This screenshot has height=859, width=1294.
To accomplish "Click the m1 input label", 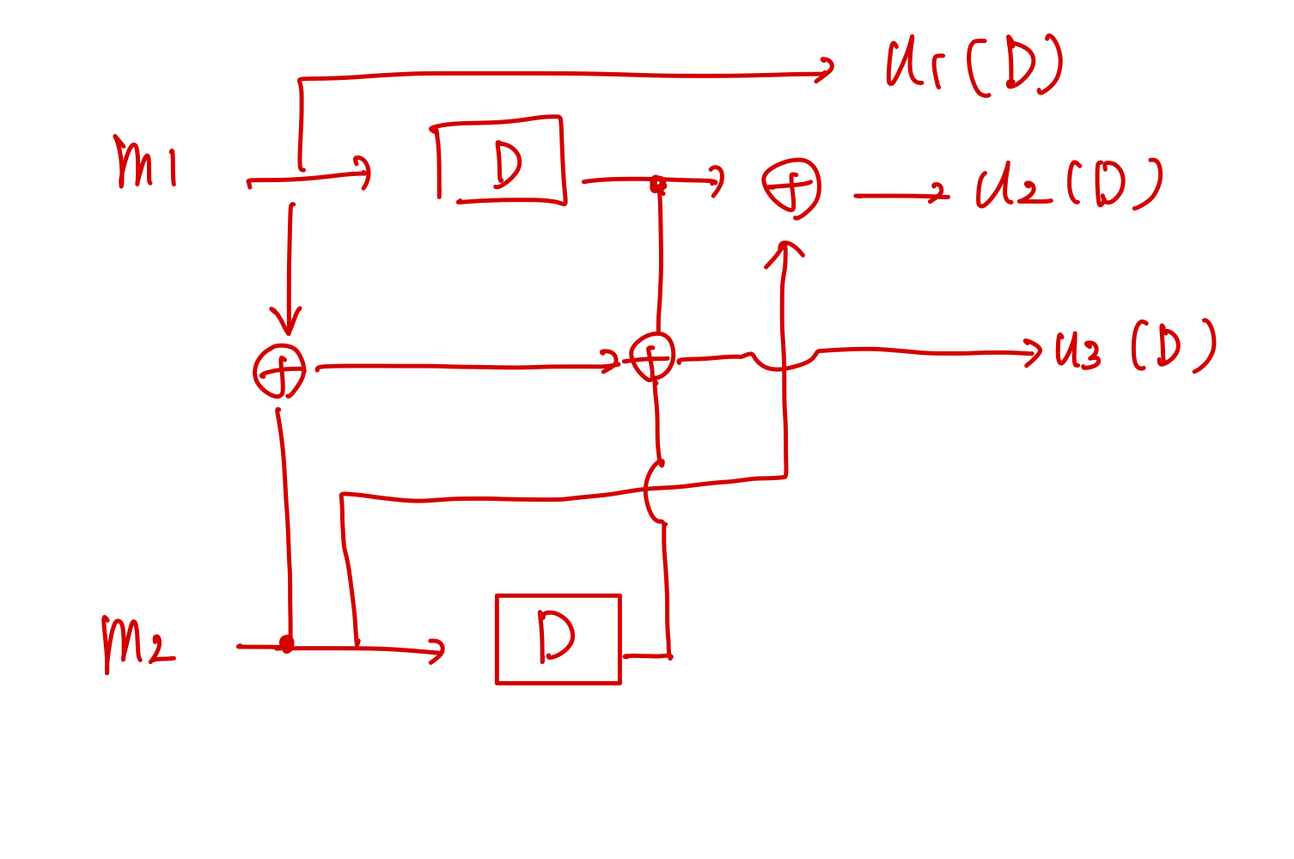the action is point(145,161).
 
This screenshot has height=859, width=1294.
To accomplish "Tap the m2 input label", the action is point(138,644).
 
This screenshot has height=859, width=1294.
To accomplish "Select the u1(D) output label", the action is point(975,64).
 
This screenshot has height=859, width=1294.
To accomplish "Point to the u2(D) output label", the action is point(1069,184).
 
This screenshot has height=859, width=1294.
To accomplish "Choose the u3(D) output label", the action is point(1136,346).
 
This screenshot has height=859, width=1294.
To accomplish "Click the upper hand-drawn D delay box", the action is point(499,160).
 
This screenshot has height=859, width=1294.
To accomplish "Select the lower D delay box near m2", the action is point(558,639).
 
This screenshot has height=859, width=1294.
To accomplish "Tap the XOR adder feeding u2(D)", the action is point(790,188).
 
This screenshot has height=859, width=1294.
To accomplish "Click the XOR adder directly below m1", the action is point(279,371).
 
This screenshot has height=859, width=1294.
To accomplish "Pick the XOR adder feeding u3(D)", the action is point(652,356).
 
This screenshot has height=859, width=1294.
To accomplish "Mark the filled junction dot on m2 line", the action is point(286,643).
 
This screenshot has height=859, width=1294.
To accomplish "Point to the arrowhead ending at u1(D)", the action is point(826,70).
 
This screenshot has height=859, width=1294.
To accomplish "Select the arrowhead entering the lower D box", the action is point(437,651).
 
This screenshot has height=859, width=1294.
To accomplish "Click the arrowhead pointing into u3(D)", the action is point(1034,352).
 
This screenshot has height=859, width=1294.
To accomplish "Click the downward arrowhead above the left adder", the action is point(287,321).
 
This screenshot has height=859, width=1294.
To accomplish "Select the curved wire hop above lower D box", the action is point(646,492).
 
